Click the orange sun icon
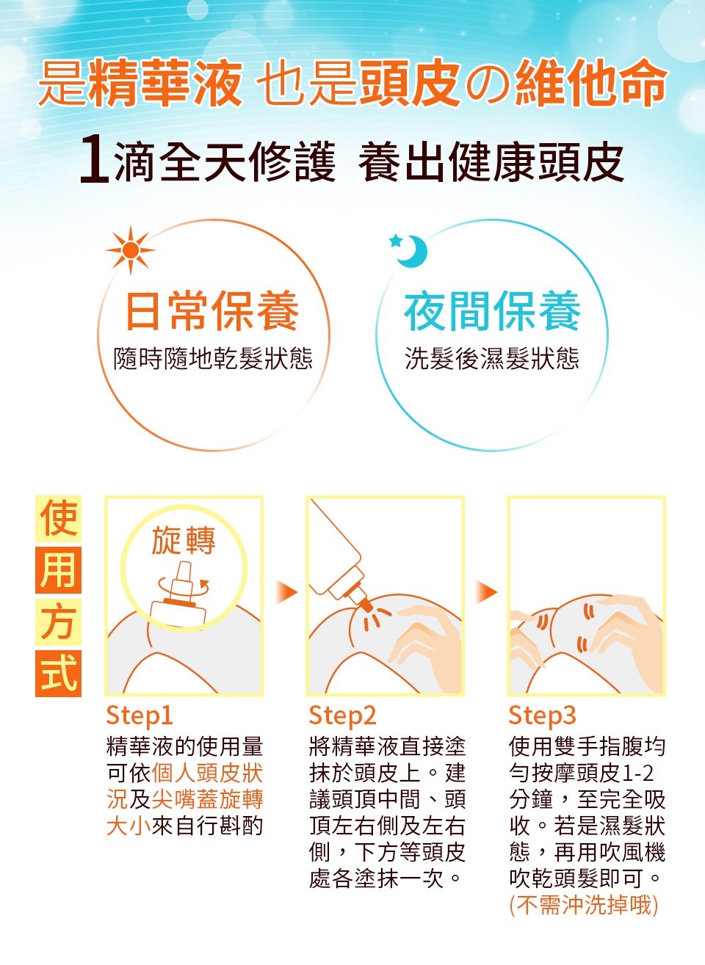131,250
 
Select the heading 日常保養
212,310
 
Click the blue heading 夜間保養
492,310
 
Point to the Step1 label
140,716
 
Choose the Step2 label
342,716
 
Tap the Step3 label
542,716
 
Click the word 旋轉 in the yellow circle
184,541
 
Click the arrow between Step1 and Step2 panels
286,592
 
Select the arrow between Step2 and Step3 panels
486,592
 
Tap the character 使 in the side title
58,519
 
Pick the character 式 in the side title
58,674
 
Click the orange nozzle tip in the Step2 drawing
365,605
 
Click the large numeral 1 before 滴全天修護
95,160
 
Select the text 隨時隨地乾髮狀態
212,358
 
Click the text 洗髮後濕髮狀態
492,358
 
